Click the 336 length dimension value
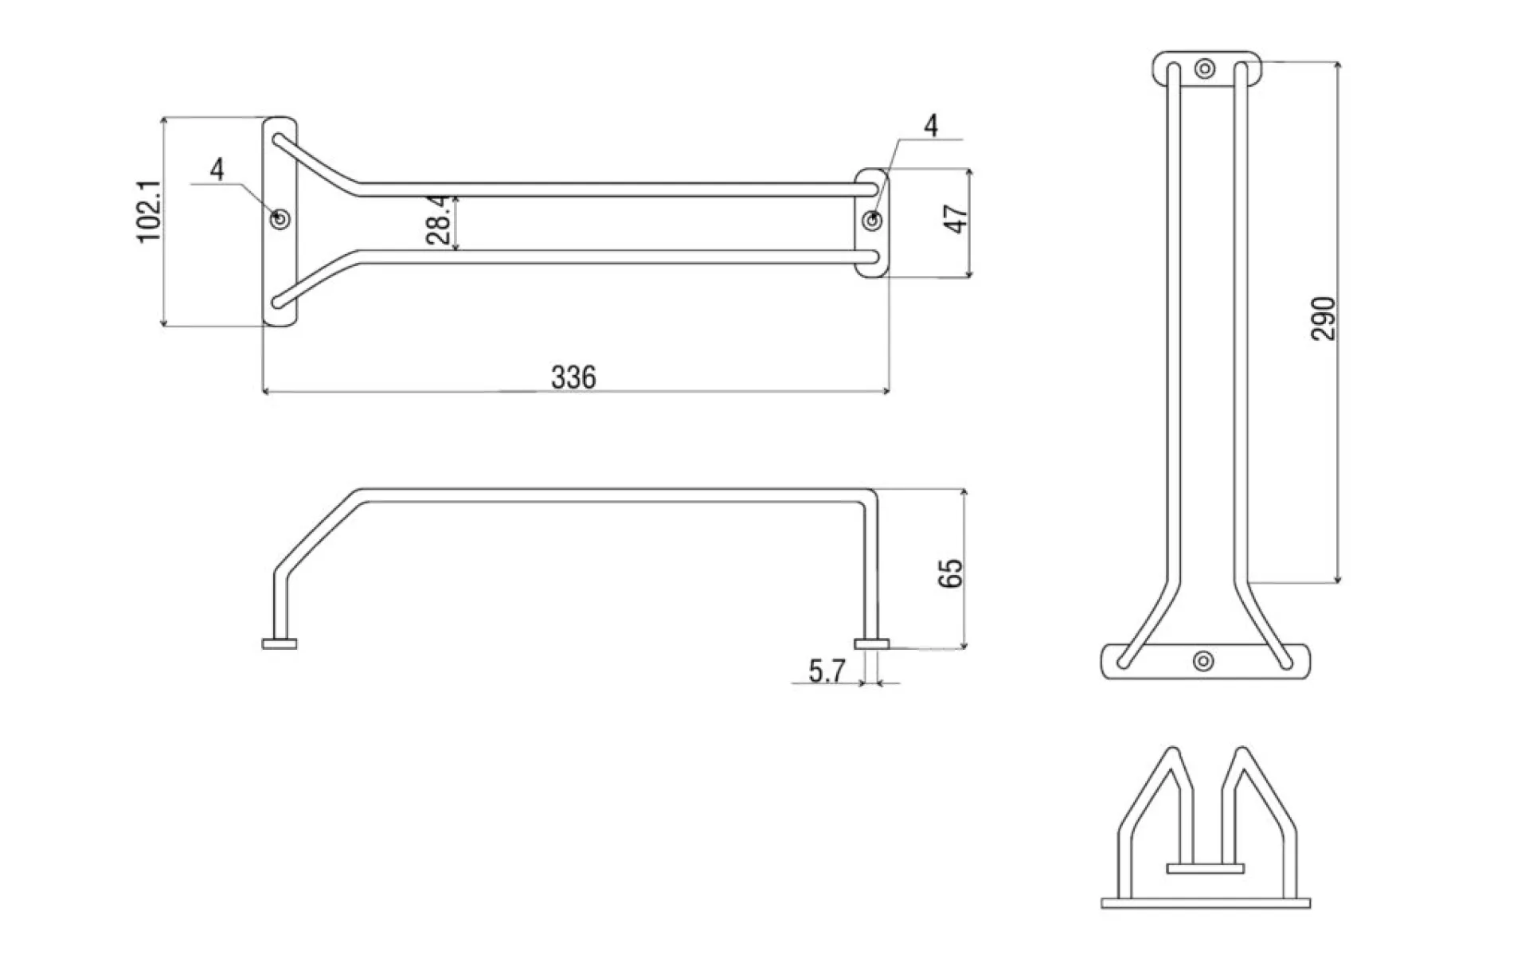click(573, 377)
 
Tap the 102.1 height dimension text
click(150, 211)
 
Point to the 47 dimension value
click(956, 218)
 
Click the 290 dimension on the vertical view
click(1323, 319)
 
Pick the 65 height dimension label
click(951, 573)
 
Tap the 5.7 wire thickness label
click(827, 672)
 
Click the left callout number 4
click(217, 169)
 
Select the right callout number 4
click(931, 125)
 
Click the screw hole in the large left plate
click(280, 218)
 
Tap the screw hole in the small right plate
click(874, 220)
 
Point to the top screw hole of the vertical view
click(1206, 68)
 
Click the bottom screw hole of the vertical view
click(1204, 660)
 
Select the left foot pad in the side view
click(280, 643)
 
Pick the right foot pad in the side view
click(872, 643)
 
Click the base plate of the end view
click(1206, 902)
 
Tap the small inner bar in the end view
click(1205, 868)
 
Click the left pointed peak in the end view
click(1171, 751)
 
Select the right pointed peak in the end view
click(1241, 751)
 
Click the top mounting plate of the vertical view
click(1206, 69)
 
